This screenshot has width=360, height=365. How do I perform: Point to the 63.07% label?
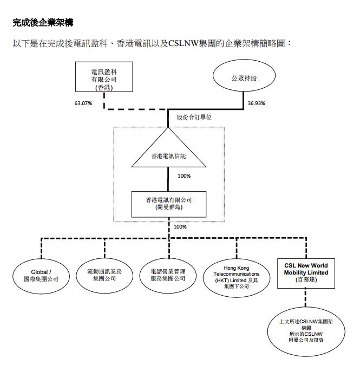pyautogui.click(x=84, y=103)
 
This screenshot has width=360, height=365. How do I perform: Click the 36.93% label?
pyautogui.click(x=256, y=103)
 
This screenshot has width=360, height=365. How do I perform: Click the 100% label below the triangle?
pyautogui.click(x=184, y=175)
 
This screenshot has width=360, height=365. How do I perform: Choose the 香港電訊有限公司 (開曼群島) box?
pyautogui.click(x=169, y=203)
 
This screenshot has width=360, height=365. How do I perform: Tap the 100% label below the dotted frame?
pyautogui.click(x=180, y=226)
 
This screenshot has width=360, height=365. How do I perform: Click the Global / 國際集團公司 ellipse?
pyautogui.click(x=36, y=275)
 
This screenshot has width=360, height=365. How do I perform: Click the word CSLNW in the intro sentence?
pyautogui.click(x=185, y=43)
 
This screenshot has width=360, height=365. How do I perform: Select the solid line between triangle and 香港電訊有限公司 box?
pyautogui.click(x=169, y=179)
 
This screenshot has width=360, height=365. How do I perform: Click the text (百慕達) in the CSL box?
pyautogui.click(x=306, y=281)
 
